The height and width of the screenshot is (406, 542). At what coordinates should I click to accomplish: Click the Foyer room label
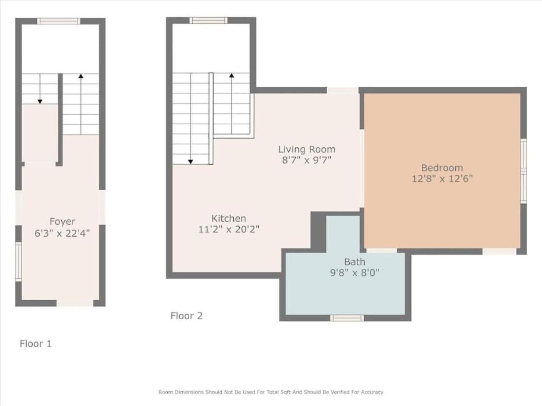click(62, 222)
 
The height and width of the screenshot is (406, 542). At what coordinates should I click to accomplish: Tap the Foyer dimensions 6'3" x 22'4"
click(62, 233)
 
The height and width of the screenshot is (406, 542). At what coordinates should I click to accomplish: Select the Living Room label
click(307, 149)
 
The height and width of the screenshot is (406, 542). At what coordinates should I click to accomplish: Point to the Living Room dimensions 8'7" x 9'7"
click(307, 160)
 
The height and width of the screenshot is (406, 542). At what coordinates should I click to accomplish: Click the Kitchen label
click(229, 218)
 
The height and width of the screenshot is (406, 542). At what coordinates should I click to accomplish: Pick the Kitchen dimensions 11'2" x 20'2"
click(229, 229)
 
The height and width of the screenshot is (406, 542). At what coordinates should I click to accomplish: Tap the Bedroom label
click(442, 168)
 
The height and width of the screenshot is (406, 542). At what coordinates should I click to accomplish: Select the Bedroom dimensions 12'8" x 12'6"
click(442, 179)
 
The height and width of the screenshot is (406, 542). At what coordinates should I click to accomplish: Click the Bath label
click(354, 262)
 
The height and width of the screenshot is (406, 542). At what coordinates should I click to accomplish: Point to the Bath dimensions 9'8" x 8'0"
click(354, 273)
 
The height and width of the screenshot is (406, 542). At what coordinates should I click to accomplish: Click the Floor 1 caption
click(36, 344)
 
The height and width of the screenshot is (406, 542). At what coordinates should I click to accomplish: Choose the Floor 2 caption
click(186, 316)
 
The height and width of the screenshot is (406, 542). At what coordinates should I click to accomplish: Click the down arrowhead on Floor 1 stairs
click(40, 102)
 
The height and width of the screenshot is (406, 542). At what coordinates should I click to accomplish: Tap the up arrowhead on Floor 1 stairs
click(81, 76)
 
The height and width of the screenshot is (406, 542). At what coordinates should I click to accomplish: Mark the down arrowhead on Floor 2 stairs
click(191, 162)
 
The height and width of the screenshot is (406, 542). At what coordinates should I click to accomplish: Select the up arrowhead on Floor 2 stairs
click(232, 75)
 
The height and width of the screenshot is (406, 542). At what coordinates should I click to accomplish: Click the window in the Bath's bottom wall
click(347, 318)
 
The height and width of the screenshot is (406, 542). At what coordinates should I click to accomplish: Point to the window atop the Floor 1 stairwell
click(59, 21)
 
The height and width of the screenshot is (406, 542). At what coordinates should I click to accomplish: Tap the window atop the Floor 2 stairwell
click(208, 20)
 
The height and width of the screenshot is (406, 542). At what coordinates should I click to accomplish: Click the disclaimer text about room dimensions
click(271, 392)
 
